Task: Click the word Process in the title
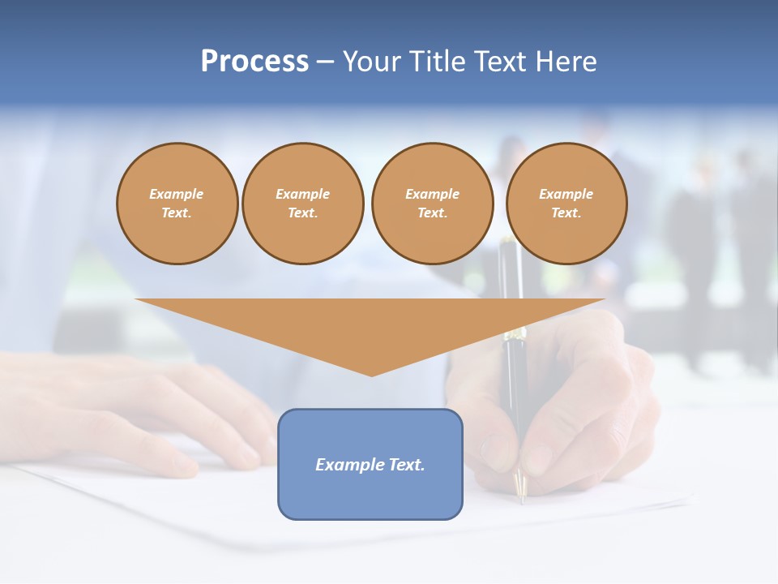[254, 62]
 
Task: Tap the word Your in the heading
[372, 62]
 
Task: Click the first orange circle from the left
[177, 204]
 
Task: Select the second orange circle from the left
[302, 204]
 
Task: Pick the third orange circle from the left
[432, 204]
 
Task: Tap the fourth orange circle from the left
[566, 204]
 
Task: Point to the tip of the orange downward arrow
[371, 375]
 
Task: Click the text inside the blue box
[370, 465]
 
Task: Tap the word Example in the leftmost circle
[177, 194]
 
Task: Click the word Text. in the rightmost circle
[566, 213]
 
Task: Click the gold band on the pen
[514, 333]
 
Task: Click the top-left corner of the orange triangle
[137, 300]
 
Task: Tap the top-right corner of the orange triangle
[603, 300]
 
